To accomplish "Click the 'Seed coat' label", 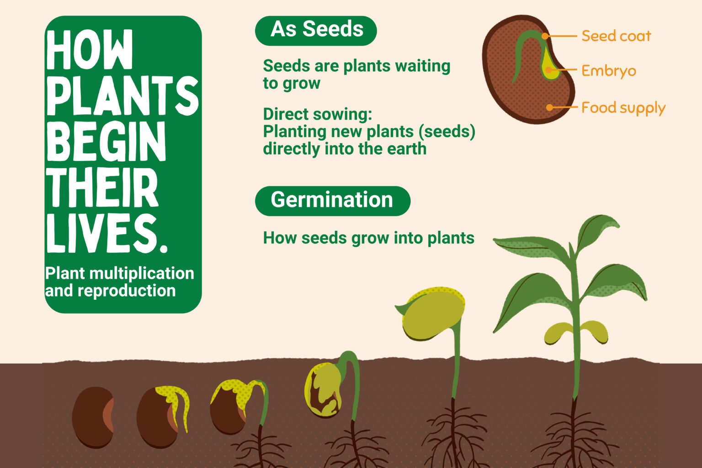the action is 616,36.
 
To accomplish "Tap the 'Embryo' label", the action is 609,71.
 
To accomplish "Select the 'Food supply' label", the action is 623,108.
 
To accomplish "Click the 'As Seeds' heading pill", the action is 316,31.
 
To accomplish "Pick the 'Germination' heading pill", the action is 333,201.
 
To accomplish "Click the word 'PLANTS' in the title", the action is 122,96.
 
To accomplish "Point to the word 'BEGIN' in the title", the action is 106,141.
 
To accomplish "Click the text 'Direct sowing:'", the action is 318,114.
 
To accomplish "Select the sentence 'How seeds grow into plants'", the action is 368,238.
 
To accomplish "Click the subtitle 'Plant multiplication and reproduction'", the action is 119,282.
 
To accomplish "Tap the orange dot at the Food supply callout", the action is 549,107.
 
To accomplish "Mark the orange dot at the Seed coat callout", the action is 545,36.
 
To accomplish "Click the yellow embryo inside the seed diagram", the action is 548,64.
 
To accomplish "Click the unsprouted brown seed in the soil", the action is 93,417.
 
